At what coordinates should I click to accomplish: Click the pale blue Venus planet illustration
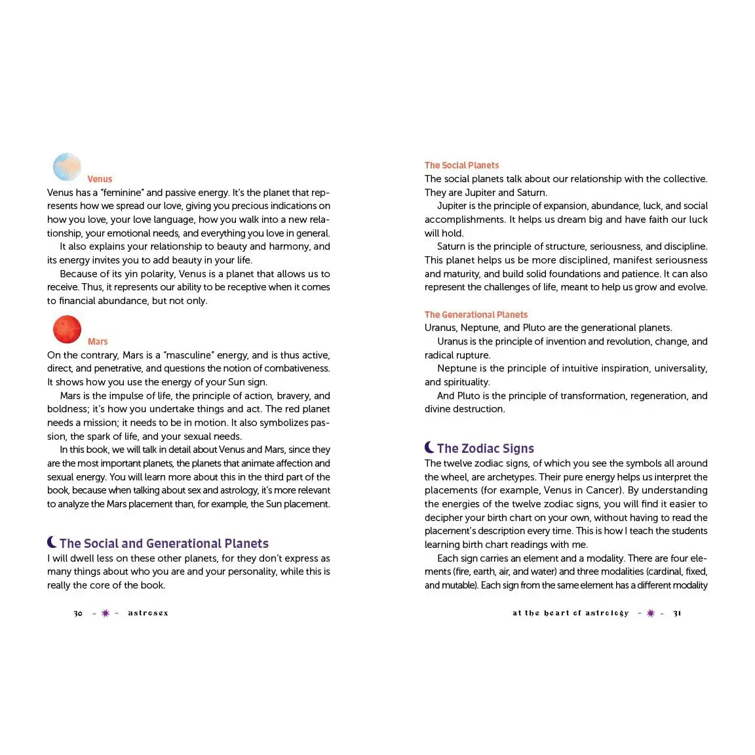click(x=67, y=166)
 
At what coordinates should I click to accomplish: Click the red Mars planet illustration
click(x=67, y=329)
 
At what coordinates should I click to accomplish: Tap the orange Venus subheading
click(x=100, y=179)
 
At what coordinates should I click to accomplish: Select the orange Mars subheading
click(x=98, y=341)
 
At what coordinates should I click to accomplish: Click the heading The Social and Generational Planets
click(x=164, y=543)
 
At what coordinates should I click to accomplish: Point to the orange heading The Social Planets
click(x=461, y=165)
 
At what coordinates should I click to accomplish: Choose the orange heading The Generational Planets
click(x=476, y=315)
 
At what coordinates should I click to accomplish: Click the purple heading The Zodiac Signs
click(x=485, y=448)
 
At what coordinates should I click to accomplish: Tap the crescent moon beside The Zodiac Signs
click(x=429, y=448)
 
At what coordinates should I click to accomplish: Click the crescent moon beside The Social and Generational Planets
click(x=52, y=542)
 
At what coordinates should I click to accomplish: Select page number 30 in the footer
click(x=78, y=613)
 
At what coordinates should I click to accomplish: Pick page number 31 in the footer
click(x=677, y=613)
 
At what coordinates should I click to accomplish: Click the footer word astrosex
click(x=148, y=613)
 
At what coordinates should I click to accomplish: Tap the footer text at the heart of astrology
click(x=570, y=613)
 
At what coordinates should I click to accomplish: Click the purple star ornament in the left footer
click(x=106, y=613)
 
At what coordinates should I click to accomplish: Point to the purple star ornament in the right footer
click(x=650, y=613)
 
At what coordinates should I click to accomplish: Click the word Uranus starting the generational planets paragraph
click(x=440, y=328)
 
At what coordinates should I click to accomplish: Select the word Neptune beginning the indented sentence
click(x=457, y=368)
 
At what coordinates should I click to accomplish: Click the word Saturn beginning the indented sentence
click(x=451, y=246)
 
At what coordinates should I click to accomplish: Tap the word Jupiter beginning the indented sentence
click(x=452, y=206)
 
